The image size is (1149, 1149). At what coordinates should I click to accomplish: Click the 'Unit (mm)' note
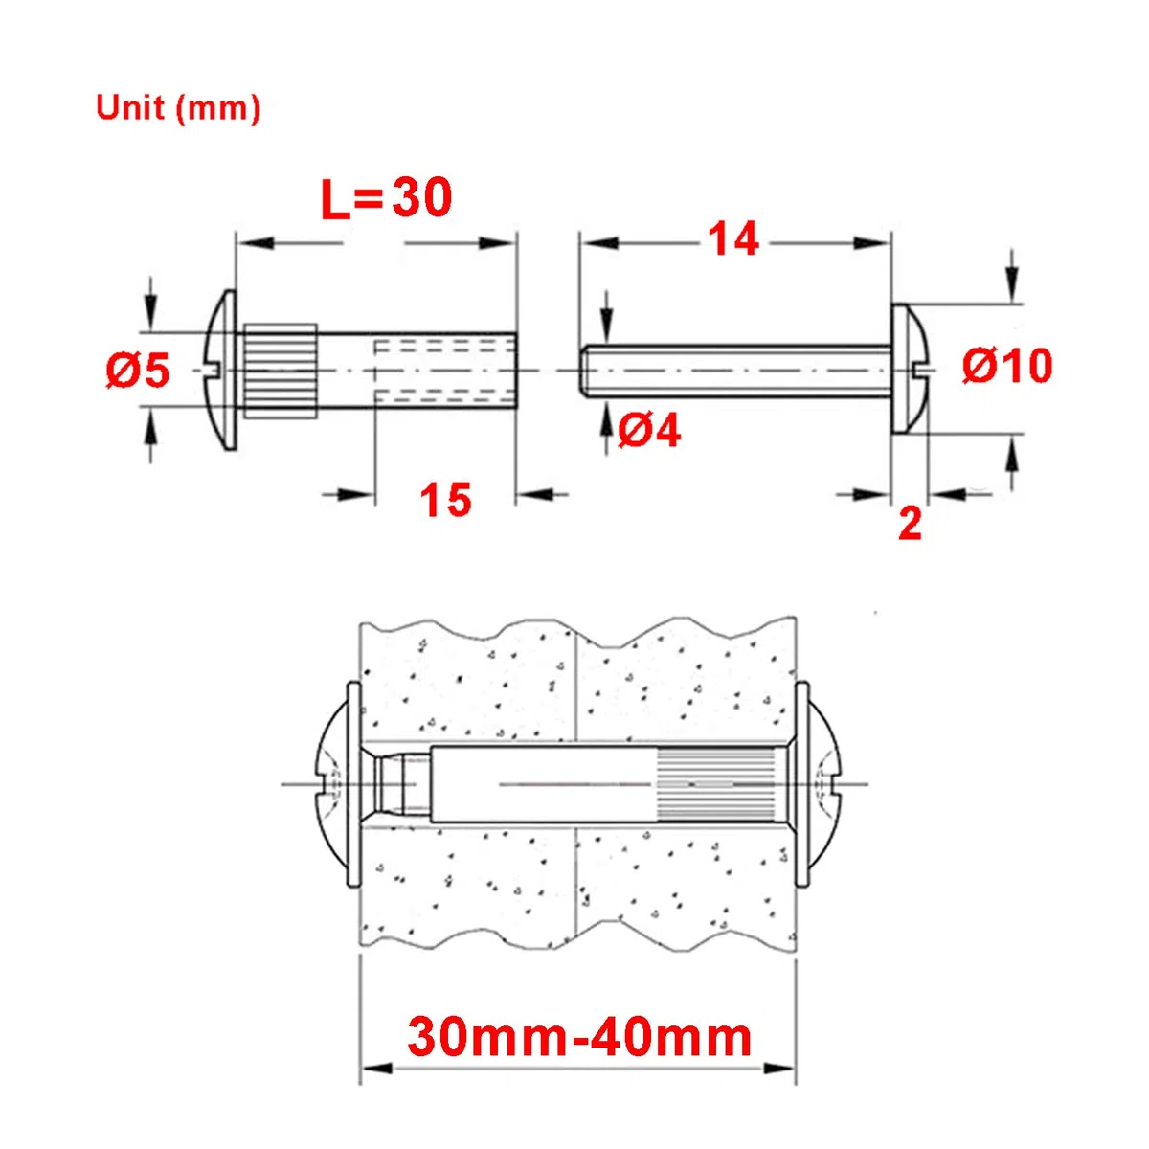coord(178,110)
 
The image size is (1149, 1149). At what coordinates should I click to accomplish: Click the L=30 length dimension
coord(387,198)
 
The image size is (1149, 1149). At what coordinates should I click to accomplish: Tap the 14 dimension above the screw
coord(734,239)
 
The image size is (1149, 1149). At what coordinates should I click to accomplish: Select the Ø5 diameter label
coord(138,370)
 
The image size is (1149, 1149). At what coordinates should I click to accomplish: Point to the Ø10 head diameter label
coord(1007,366)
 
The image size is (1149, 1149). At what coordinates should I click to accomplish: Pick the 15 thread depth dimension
coord(445,499)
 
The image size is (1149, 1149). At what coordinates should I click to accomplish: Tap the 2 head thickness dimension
coord(910,524)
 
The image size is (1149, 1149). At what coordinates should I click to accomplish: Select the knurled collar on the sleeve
coord(281,371)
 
